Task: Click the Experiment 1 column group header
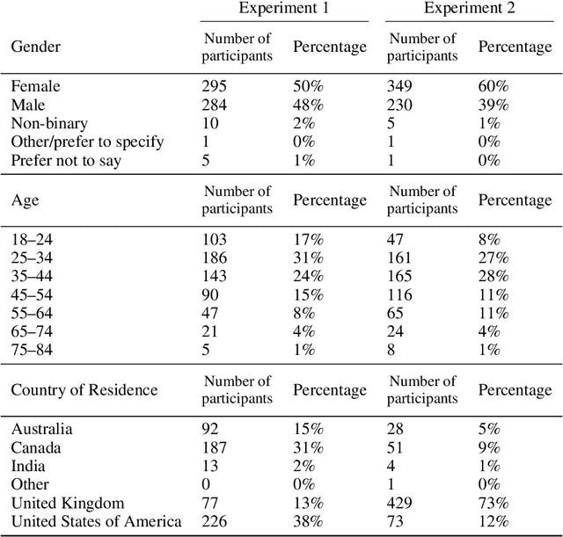click(x=284, y=9)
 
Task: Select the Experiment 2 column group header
click(x=469, y=9)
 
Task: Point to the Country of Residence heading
click(x=84, y=389)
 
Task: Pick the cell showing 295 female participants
click(x=216, y=87)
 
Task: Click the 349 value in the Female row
click(x=401, y=87)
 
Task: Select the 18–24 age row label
click(x=32, y=240)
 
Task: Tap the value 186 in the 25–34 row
click(x=216, y=258)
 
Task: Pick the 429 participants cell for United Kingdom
click(x=401, y=504)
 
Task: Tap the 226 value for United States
click(x=216, y=522)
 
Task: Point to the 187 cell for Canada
click(x=216, y=448)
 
